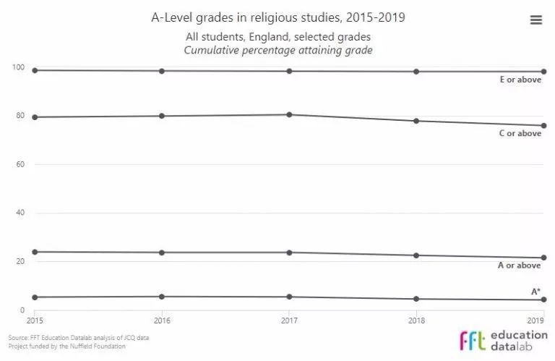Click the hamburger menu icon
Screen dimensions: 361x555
pyautogui.click(x=535, y=20)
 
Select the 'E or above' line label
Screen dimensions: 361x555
pyautogui.click(x=520, y=80)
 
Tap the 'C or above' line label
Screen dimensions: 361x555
pyautogui.click(x=520, y=133)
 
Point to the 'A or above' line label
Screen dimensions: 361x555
pyautogui.click(x=520, y=266)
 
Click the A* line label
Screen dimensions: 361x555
pyautogui.click(x=536, y=292)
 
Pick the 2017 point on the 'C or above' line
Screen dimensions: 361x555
pyautogui.click(x=289, y=114)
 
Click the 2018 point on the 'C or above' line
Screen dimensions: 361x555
pyautogui.click(x=416, y=121)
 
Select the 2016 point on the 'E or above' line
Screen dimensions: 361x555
pyautogui.click(x=162, y=71)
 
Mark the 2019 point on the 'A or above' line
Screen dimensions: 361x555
pyautogui.click(x=543, y=258)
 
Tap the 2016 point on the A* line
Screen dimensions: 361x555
pyautogui.click(x=162, y=297)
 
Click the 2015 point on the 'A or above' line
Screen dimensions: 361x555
pyautogui.click(x=35, y=252)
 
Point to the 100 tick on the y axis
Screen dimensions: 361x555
pyautogui.click(x=19, y=68)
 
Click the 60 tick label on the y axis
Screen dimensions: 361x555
pyautogui.click(x=21, y=164)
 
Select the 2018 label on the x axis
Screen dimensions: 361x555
pyautogui.click(x=416, y=320)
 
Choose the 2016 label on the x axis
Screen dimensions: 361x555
pyautogui.click(x=162, y=320)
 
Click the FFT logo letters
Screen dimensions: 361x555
pyautogui.click(x=473, y=341)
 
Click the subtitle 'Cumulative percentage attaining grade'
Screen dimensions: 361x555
pyautogui.click(x=278, y=50)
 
